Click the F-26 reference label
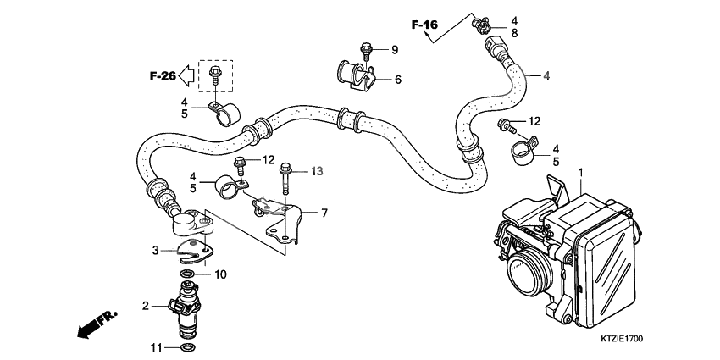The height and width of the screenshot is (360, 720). click(x=163, y=76)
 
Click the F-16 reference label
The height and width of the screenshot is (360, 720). click(x=424, y=25)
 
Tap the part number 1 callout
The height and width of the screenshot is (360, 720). click(x=581, y=172)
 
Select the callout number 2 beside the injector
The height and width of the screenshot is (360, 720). click(x=145, y=306)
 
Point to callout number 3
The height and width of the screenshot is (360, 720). click(x=155, y=250)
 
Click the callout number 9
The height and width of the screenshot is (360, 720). click(x=394, y=50)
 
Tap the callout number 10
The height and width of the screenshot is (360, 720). click(x=220, y=274)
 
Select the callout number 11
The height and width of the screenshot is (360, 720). click(x=155, y=347)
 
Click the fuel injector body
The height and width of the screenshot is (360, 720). click(x=187, y=309)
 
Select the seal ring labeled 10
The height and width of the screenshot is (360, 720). click(x=187, y=274)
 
